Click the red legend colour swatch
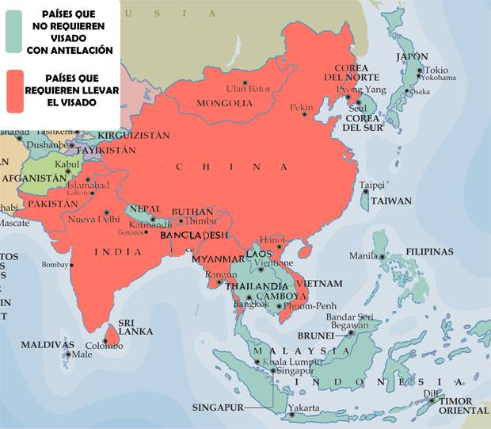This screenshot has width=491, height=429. click(x=13, y=91)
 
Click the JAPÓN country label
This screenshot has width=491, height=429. click(x=413, y=57)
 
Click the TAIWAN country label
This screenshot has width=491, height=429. click(x=392, y=201)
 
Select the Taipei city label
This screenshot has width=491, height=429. click(x=372, y=185)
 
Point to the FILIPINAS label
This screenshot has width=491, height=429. click(x=429, y=251)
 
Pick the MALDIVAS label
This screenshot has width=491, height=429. click(x=47, y=345)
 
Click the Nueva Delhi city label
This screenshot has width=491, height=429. click(x=93, y=219)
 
